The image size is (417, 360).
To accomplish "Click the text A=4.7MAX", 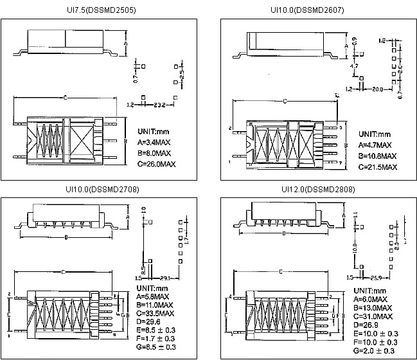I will [377, 145].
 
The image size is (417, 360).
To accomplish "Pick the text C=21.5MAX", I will [378, 167].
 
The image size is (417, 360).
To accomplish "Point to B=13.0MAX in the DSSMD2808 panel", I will [373, 308].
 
